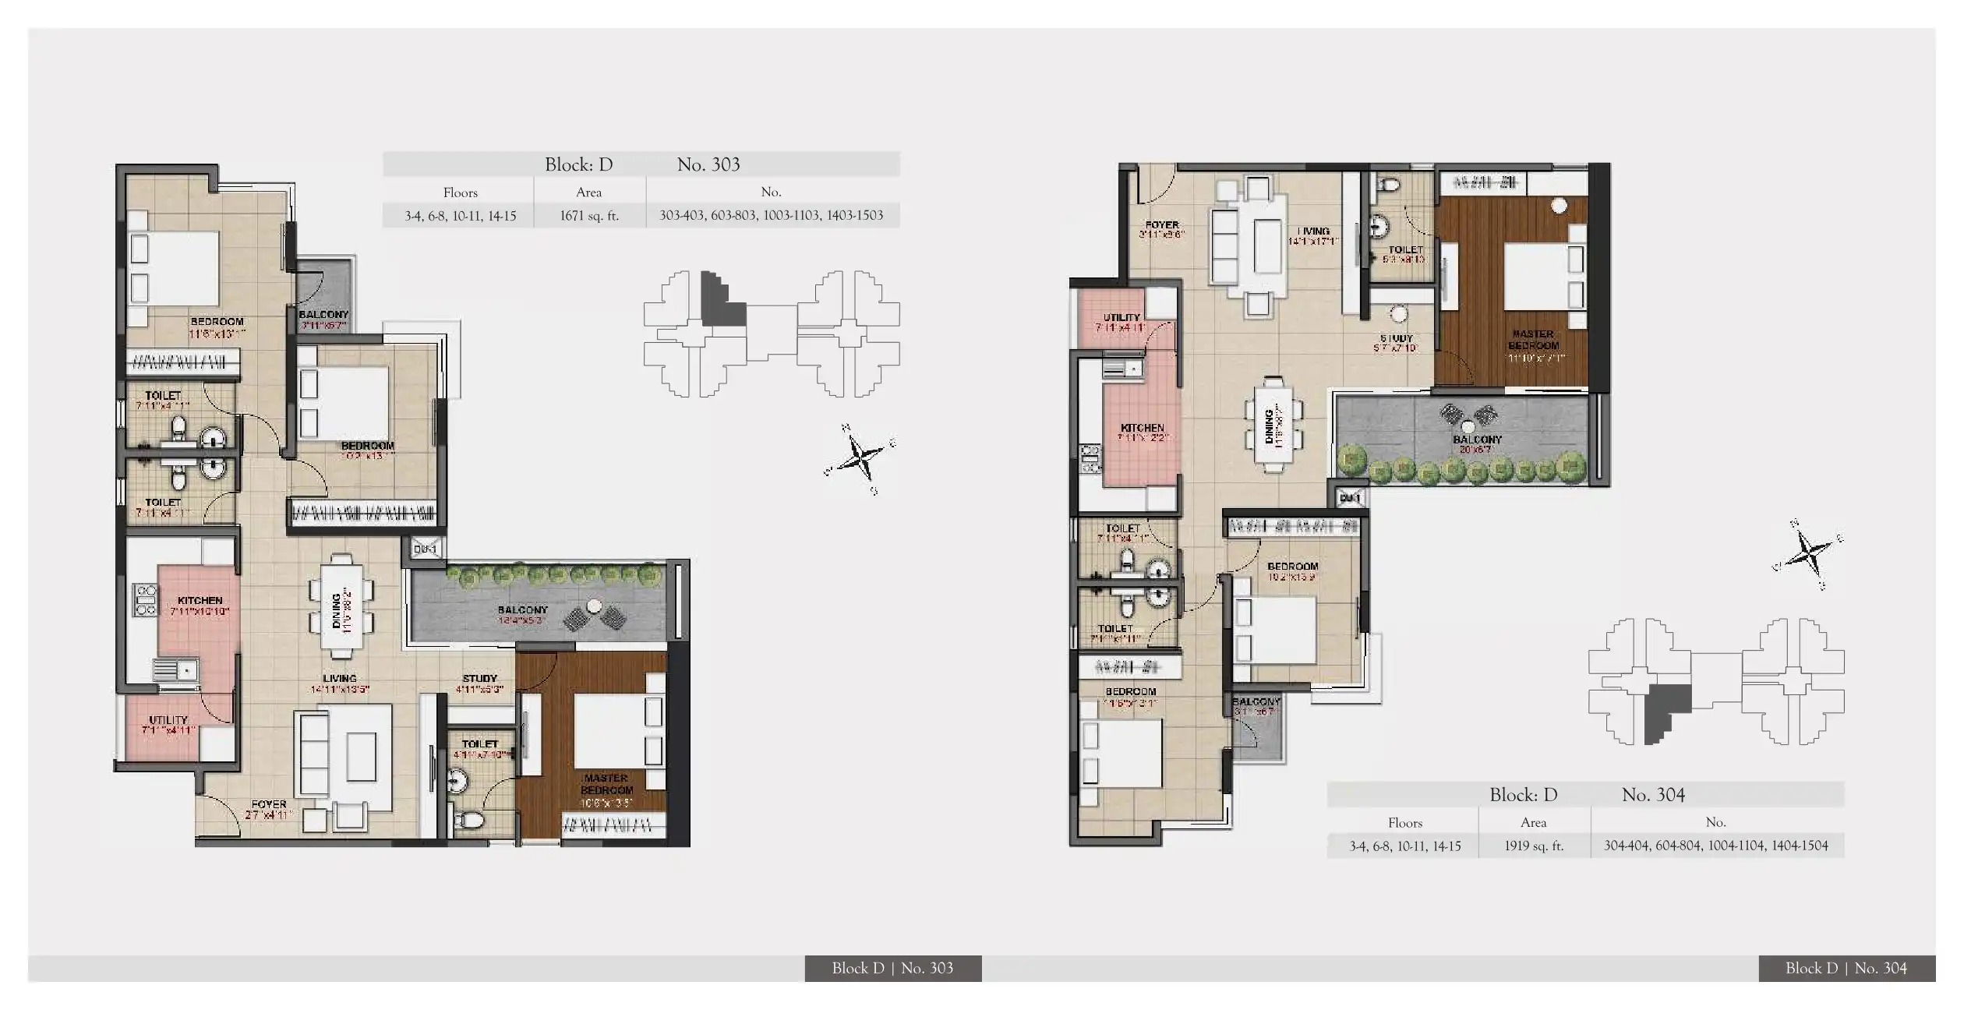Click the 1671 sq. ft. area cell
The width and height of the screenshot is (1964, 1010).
(x=589, y=216)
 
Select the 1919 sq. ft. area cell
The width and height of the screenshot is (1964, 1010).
(x=1534, y=846)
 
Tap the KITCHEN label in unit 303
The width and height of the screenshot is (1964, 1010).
(x=200, y=601)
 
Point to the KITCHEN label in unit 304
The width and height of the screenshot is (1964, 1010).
(x=1142, y=428)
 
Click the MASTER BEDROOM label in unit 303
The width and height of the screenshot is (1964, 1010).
(x=606, y=784)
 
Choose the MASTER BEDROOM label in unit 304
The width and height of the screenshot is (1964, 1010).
(x=1533, y=340)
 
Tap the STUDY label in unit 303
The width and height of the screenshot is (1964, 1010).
(x=479, y=679)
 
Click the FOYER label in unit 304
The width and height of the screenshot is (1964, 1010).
(x=1162, y=224)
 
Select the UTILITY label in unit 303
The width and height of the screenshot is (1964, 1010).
(x=168, y=720)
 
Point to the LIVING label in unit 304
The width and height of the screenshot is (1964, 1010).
(x=1314, y=231)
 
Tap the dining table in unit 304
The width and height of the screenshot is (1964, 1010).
(x=1273, y=426)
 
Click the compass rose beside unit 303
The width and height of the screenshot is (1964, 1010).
(x=861, y=457)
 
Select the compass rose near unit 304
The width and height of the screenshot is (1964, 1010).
(x=1809, y=554)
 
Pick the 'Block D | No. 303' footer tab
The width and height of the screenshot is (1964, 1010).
(x=892, y=968)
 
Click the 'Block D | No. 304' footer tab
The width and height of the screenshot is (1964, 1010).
(x=1846, y=968)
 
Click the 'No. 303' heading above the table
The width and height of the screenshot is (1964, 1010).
(x=708, y=164)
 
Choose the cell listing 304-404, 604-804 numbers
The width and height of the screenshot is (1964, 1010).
(x=1716, y=846)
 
